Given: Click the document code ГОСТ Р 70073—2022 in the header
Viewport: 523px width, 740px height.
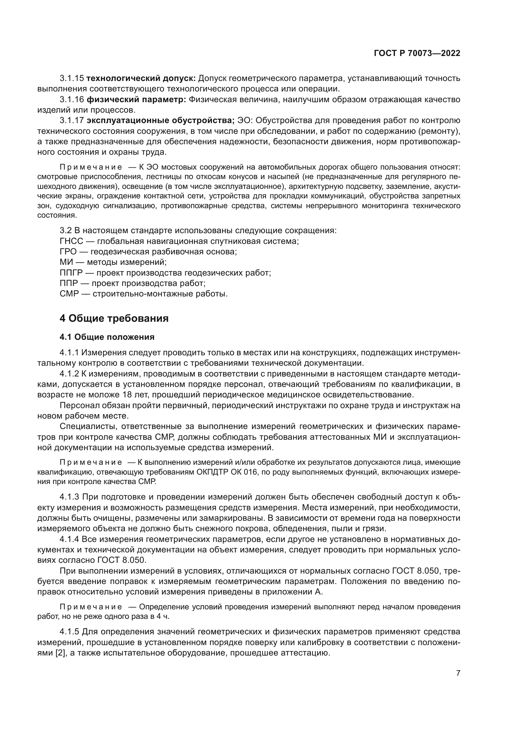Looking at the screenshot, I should [417, 53].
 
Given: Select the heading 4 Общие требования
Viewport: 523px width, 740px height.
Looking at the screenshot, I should [114, 319].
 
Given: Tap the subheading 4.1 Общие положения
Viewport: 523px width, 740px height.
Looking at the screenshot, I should [107, 337].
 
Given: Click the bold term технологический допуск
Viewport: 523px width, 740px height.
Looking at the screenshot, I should [141, 78].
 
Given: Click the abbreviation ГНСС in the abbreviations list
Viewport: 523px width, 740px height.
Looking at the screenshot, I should [71, 241].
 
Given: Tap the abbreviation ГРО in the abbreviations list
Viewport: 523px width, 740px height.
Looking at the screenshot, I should [68, 252].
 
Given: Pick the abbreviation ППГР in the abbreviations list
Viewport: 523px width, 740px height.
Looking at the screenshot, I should [71, 273].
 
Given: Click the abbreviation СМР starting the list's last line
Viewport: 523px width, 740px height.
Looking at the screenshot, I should [69, 294].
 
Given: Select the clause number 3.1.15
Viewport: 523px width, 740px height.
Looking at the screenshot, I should [72, 78].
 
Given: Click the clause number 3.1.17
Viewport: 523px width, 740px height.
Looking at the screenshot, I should [72, 121].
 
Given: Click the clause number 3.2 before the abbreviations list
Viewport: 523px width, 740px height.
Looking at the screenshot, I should [65, 230].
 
